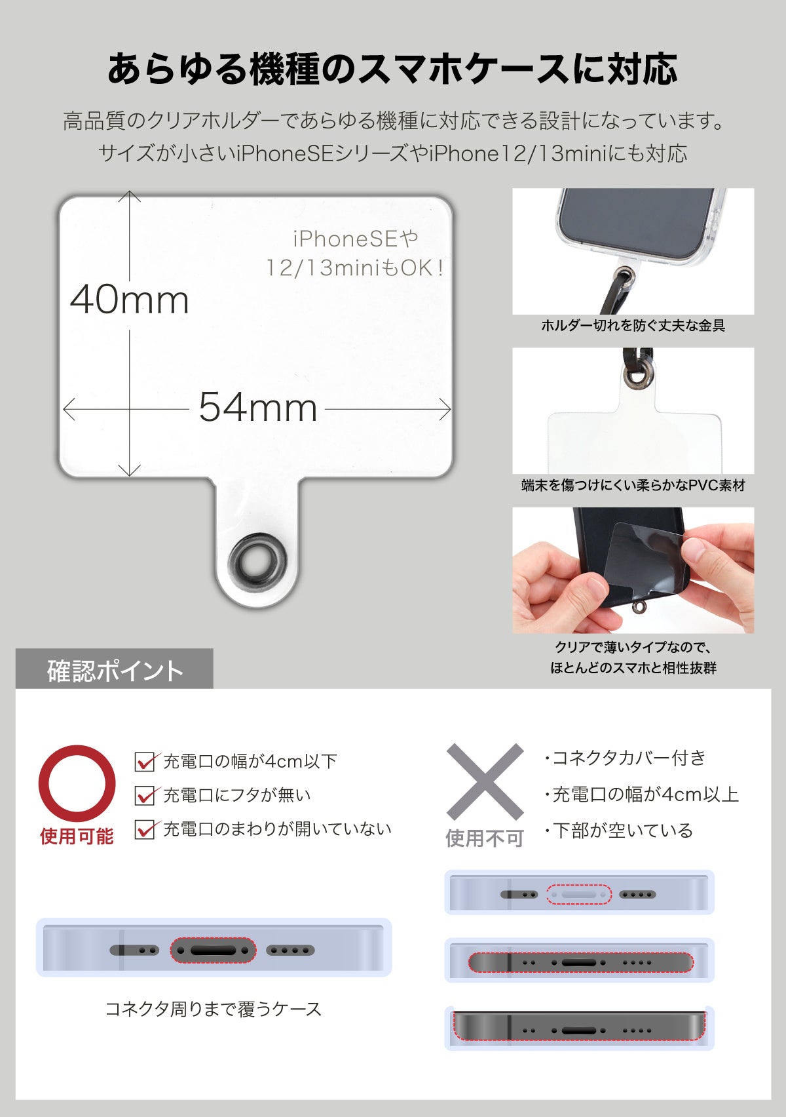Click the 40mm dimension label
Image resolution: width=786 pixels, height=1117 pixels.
(130, 300)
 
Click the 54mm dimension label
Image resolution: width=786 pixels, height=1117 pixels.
(258, 408)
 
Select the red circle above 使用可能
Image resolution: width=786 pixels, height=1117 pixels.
(77, 783)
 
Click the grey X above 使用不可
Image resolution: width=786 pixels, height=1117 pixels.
(485, 781)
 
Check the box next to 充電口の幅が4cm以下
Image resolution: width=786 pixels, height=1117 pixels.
(145, 762)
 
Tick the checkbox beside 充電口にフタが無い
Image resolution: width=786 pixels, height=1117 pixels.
(145, 796)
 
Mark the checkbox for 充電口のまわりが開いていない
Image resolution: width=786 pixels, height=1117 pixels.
(145, 830)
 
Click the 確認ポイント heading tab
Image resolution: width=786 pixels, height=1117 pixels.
(115, 671)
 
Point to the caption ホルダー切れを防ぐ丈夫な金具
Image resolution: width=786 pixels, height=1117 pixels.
(633, 326)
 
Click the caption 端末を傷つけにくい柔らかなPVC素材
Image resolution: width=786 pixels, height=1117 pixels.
(633, 486)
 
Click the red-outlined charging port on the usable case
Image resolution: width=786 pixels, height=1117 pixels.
(213, 950)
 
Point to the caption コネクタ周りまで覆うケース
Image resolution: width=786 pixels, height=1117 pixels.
(214, 1009)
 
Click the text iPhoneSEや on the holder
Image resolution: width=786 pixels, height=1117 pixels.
(356, 239)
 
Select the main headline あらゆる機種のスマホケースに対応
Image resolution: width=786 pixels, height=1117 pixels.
(392, 69)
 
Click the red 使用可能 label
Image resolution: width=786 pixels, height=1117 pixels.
(77, 836)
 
